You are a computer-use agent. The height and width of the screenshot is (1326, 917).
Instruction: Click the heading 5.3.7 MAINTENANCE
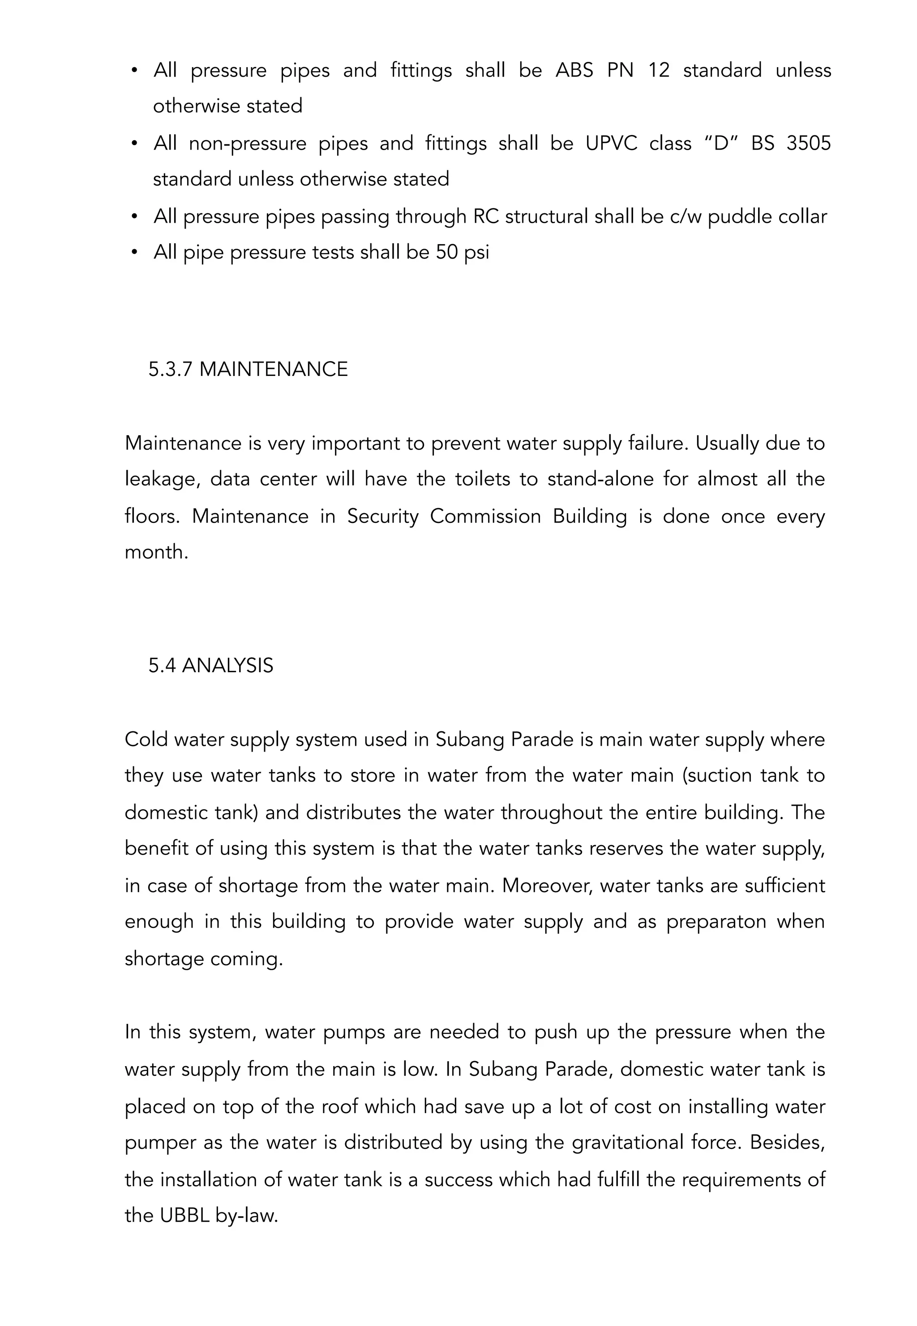(x=248, y=369)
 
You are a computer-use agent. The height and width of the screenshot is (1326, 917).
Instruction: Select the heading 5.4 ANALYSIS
(x=210, y=665)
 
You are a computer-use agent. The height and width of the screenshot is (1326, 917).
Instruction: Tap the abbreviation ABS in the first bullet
(x=574, y=70)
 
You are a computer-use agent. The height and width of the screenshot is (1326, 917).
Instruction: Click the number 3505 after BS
(x=808, y=143)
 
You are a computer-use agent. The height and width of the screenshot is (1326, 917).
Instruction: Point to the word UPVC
(x=611, y=143)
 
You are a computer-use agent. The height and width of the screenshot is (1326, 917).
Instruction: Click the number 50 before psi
(x=446, y=252)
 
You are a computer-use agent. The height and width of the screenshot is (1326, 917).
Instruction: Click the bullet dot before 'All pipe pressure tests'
(x=134, y=252)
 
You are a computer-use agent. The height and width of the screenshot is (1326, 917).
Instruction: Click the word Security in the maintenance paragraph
(x=383, y=516)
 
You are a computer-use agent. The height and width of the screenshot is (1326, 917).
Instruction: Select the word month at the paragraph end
(x=156, y=552)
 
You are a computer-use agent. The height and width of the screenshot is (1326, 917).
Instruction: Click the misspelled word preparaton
(x=716, y=922)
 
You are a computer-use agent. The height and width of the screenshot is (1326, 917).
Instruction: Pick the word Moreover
(x=547, y=885)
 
